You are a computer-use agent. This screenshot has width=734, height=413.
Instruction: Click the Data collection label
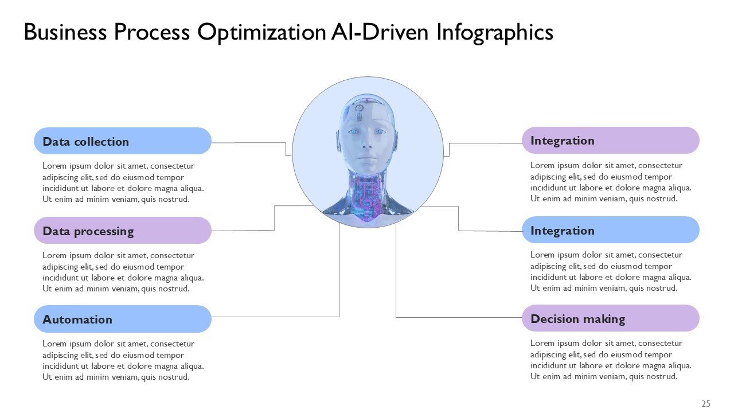click(x=86, y=142)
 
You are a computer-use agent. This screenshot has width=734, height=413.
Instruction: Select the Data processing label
click(x=88, y=231)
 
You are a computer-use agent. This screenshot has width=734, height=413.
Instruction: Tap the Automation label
click(x=77, y=320)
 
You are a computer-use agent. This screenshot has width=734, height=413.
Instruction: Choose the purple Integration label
click(x=563, y=141)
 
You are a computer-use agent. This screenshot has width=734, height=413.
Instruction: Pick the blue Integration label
click(x=563, y=231)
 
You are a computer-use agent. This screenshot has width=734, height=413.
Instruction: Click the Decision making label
click(x=577, y=319)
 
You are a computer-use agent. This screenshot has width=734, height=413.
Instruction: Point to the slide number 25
click(x=706, y=404)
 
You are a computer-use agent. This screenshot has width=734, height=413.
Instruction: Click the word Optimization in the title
click(x=261, y=32)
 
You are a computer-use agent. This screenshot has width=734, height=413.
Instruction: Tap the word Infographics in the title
click(x=495, y=32)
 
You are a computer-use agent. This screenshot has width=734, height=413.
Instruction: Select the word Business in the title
click(x=65, y=32)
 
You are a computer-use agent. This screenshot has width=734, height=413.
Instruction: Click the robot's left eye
click(x=380, y=132)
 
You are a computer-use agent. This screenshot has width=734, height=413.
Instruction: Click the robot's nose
click(x=366, y=145)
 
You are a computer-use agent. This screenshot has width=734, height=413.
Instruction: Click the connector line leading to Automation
click(x=275, y=317)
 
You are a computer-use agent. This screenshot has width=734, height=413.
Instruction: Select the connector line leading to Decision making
click(x=459, y=317)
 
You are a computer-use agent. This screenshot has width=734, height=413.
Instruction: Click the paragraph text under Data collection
click(x=123, y=182)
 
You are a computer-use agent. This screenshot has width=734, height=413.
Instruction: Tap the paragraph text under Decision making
click(x=611, y=360)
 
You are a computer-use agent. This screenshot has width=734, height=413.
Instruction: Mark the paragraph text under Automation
click(x=123, y=360)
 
